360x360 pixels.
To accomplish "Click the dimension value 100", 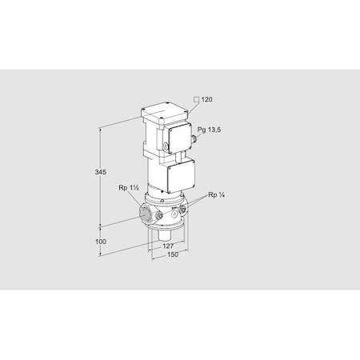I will [101, 240].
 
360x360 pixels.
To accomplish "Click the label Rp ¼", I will [214, 195].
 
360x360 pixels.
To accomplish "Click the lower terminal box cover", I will [180, 175].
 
